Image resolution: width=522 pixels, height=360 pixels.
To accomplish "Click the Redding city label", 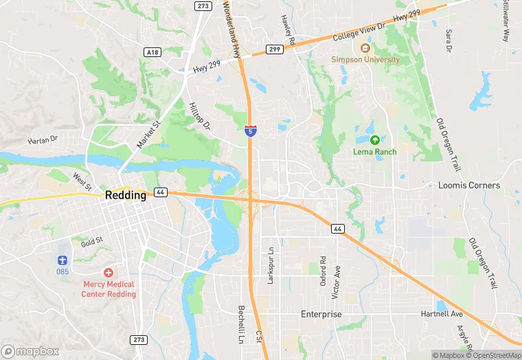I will (x=126, y=195).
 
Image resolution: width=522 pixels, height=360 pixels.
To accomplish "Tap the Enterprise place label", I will (x=321, y=314).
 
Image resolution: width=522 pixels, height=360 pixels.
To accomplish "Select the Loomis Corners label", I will (x=469, y=185).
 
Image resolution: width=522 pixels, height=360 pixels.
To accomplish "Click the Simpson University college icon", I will (x=365, y=48).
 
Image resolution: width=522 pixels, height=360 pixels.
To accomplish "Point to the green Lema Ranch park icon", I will (x=374, y=139).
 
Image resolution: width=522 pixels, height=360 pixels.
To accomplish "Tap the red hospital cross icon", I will (x=109, y=273).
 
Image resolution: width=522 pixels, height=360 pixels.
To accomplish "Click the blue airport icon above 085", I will (x=63, y=260).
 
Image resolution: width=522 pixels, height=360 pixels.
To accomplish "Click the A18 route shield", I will (x=152, y=52).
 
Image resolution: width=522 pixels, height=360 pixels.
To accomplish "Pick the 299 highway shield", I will (x=274, y=49).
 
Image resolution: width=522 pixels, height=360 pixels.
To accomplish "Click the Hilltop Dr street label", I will (x=199, y=116).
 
